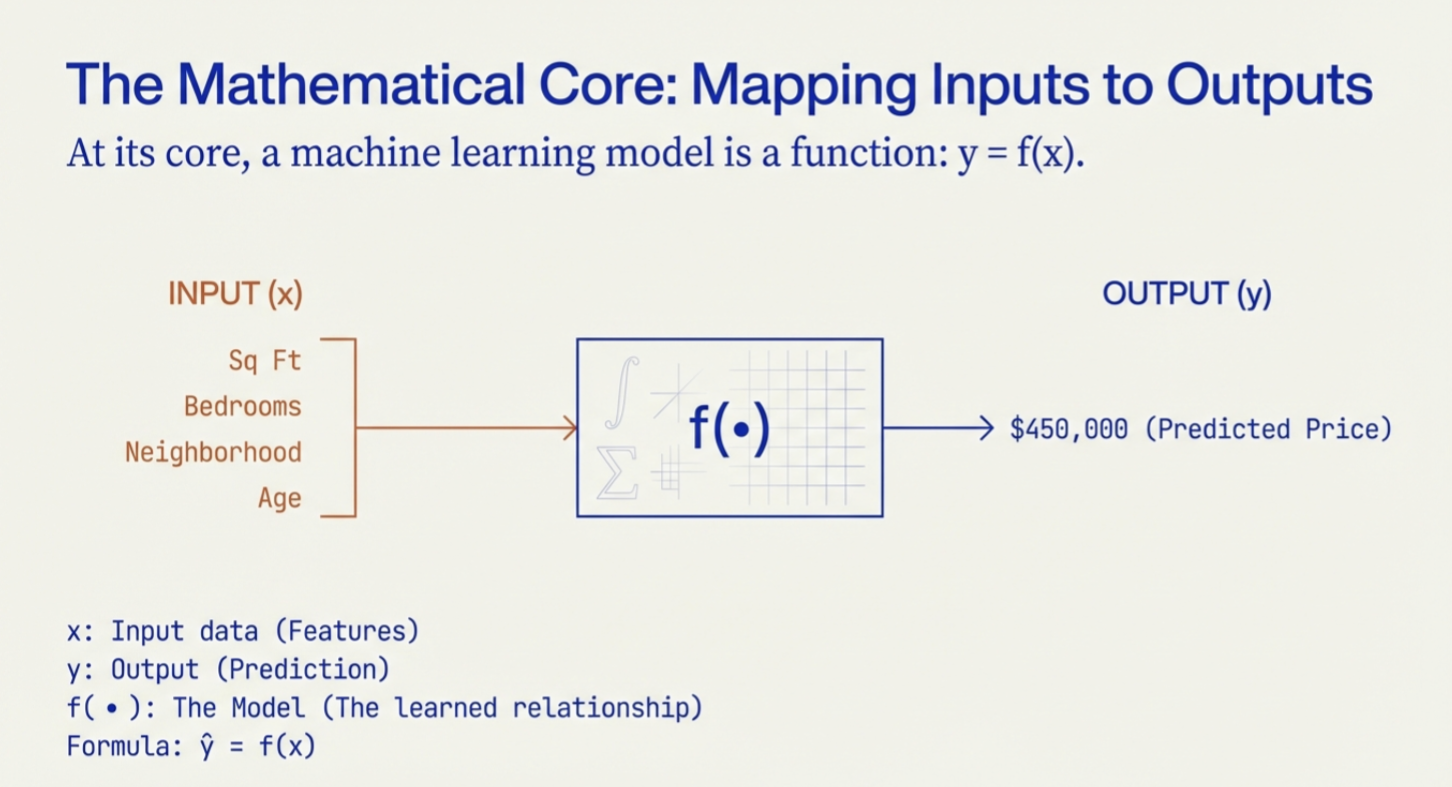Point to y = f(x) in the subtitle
pyautogui.click(x=1020, y=153)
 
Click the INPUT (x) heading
pyautogui.click(x=235, y=294)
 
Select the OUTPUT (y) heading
pyautogui.click(x=1186, y=294)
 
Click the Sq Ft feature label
pyautogui.click(x=265, y=360)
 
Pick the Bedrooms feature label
pyautogui.click(x=243, y=406)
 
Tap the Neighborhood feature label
pyautogui.click(x=213, y=452)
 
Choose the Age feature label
pyautogui.click(x=280, y=498)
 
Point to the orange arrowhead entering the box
pyautogui.click(x=570, y=428)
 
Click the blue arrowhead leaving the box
pyautogui.click(x=987, y=428)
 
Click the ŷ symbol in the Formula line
pyautogui.click(x=207, y=747)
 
